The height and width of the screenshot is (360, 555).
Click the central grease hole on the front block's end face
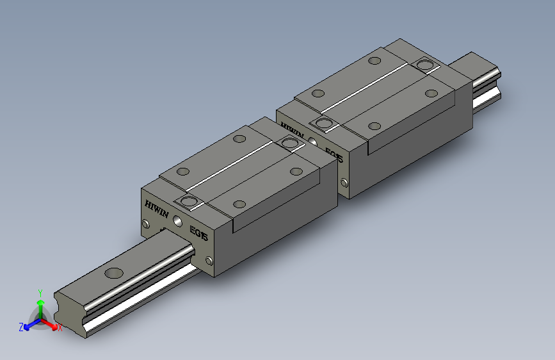tap(177, 222)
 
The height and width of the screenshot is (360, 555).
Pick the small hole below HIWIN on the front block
tap(145, 224)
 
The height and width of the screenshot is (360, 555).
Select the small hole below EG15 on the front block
tap(209, 261)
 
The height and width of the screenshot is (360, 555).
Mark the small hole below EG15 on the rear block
tap(344, 183)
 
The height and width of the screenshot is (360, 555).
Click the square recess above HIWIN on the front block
tap(189, 203)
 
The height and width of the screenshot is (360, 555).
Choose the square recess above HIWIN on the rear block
tap(324, 123)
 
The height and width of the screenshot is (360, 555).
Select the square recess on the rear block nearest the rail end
tap(424, 65)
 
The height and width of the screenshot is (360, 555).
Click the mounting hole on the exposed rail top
tap(115, 273)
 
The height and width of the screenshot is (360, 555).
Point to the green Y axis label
tap(40, 292)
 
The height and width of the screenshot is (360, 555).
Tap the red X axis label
tap(60, 328)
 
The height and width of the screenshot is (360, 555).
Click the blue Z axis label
tap(21, 327)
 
